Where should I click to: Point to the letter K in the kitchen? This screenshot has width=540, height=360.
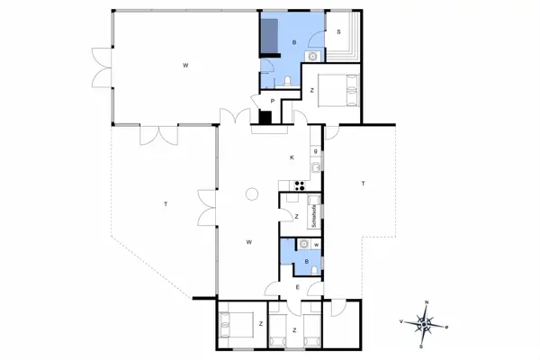(292, 158)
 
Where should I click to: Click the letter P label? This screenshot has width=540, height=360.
(271, 101)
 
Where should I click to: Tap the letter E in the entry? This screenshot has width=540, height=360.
(297, 287)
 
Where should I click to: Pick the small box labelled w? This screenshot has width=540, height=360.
(317, 244)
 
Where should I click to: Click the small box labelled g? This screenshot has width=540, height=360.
(316, 150)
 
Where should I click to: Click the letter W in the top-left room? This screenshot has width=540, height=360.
(185, 65)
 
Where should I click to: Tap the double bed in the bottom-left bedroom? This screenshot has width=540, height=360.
(236, 321)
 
